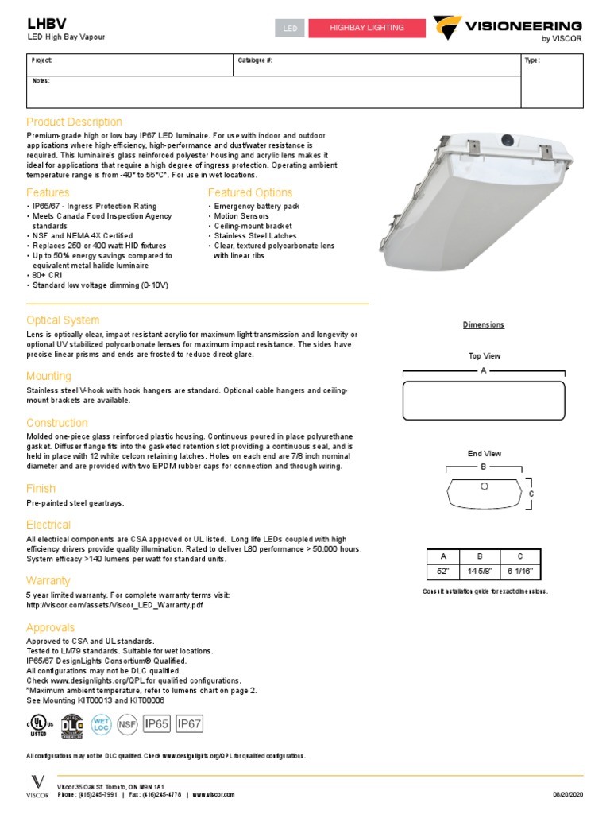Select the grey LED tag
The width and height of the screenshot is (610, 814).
pos(290,29)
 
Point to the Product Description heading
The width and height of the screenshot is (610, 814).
pos(74,122)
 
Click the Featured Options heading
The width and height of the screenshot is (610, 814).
pos(249,192)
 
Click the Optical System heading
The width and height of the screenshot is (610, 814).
pos(63,320)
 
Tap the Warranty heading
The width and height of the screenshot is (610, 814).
pos(48,580)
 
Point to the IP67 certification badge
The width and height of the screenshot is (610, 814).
pos(189,723)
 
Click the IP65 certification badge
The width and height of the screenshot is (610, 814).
pos(156,723)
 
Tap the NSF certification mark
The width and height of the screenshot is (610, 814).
pos(127,724)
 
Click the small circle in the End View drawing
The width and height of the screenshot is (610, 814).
pos(485,486)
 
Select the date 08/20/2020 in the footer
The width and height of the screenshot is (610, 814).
pos(566,794)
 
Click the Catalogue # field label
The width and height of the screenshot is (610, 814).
pos(254,60)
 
